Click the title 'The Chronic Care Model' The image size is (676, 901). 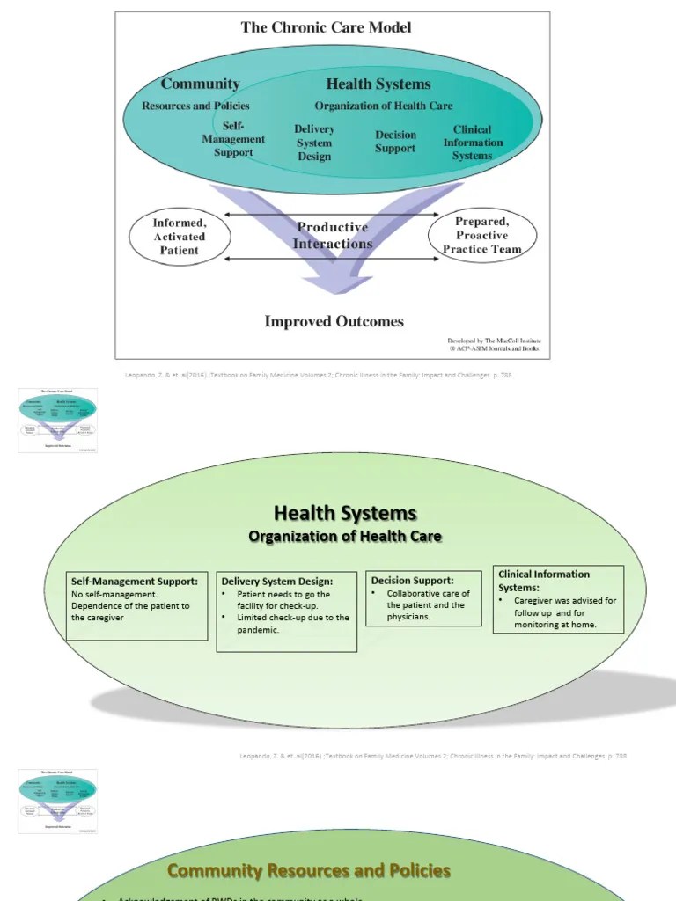[326, 27]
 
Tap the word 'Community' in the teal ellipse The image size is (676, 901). [200, 84]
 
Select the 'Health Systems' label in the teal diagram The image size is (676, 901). [378, 84]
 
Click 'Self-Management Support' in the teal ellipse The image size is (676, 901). [233, 139]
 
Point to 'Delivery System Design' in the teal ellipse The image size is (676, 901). [314, 143]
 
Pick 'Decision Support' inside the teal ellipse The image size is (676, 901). [395, 142]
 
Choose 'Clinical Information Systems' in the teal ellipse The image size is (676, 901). [473, 143]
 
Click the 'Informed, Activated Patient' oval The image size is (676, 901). [180, 237]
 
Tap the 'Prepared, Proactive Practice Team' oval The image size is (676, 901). [481, 235]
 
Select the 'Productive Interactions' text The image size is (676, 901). [333, 236]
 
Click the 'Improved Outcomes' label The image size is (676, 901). [334, 321]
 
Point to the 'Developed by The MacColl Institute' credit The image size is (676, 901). [492, 340]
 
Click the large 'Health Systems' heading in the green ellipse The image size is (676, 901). [345, 513]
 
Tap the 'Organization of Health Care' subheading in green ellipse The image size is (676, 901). [345, 536]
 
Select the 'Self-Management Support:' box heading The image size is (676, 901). [135, 582]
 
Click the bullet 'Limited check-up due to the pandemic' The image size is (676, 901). [292, 624]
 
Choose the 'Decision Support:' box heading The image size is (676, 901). [413, 581]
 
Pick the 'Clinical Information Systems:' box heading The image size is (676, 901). [544, 580]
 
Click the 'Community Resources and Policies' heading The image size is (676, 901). [309, 870]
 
